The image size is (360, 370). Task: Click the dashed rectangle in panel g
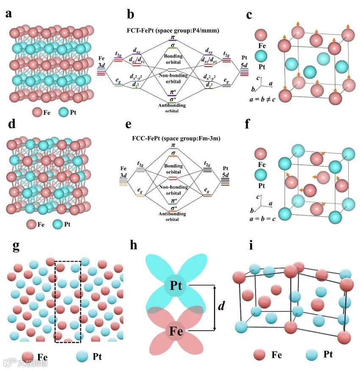tap(68, 302)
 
